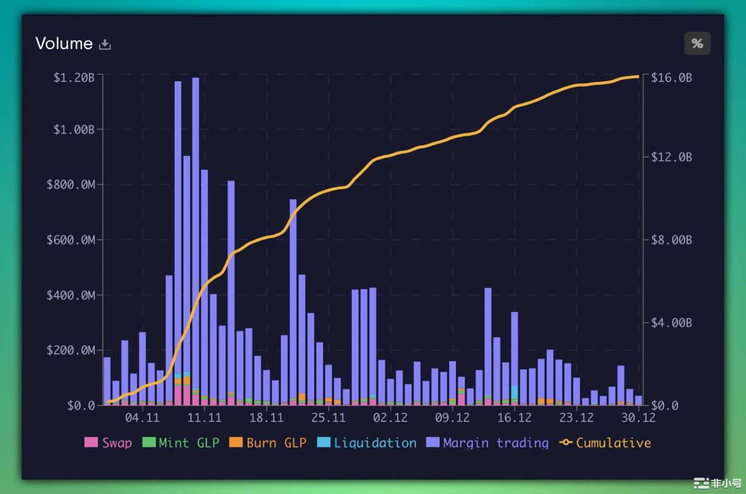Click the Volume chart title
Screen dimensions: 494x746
64,43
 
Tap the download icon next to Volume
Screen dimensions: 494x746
105,44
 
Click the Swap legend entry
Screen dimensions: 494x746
109,443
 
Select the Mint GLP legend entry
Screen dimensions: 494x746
181,443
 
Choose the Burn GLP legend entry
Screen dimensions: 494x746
268,443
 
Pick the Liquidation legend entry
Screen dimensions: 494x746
367,443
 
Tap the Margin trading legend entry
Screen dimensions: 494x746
488,443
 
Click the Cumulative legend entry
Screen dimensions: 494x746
605,443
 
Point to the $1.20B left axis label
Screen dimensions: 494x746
74,77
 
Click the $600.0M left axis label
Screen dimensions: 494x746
71,239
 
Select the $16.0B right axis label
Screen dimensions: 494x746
672,77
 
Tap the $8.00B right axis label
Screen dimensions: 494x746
672,239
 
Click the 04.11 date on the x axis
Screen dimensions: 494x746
142,418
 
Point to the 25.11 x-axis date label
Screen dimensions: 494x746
328,418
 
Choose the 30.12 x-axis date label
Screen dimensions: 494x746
638,418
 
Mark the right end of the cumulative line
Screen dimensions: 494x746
638,76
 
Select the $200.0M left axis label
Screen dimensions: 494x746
71,350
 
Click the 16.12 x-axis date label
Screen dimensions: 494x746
514,418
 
